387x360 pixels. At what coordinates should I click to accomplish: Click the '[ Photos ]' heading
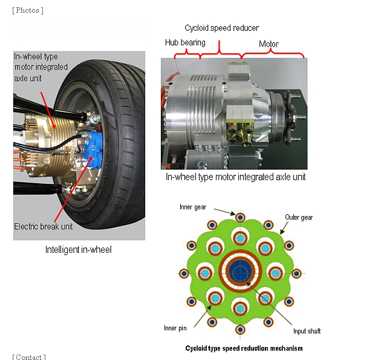pyautogui.click(x=28, y=10)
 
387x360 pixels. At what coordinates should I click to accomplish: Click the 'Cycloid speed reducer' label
pyautogui.click(x=221, y=28)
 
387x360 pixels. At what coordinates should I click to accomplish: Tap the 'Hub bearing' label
pyautogui.click(x=185, y=43)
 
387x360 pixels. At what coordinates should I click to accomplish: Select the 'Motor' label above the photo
pyautogui.click(x=268, y=44)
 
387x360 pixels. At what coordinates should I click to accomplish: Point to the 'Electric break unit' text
pyautogui.click(x=43, y=227)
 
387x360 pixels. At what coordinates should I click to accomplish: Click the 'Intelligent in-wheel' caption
pyautogui.click(x=79, y=249)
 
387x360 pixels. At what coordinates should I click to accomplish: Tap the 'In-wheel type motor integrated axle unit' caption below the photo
pyautogui.click(x=235, y=177)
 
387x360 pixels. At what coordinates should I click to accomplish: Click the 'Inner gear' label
pyautogui.click(x=193, y=207)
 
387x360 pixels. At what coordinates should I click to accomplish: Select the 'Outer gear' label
pyautogui.click(x=299, y=217)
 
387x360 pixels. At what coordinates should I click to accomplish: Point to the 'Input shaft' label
pyautogui.click(x=307, y=331)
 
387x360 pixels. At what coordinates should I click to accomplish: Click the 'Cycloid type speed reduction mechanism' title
pyautogui.click(x=244, y=349)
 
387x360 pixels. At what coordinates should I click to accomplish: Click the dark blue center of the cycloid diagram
pyautogui.click(x=241, y=272)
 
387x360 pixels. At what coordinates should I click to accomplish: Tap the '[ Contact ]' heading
pyautogui.click(x=29, y=357)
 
